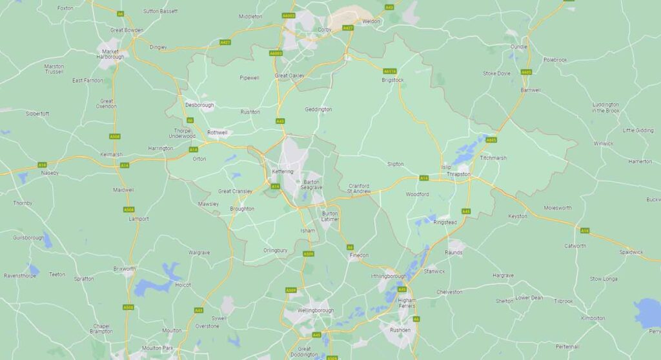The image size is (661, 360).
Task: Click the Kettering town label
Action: tap(283, 171)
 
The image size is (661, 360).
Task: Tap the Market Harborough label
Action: tap(110, 54)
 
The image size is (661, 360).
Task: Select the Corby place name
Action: tap(325, 30)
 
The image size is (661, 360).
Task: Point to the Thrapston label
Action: tap(458, 174)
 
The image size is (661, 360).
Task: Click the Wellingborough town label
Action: tap(315, 310)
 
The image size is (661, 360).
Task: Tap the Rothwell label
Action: tap(218, 132)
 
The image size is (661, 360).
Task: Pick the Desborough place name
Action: tap(199, 105)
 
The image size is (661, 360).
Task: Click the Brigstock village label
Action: tap(392, 80)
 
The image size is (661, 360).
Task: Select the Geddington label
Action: tap(318, 109)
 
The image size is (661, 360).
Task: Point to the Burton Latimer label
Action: tap(330, 216)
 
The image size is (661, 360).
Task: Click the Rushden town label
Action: tap(400, 330)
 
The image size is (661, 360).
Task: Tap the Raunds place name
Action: tap(454, 252)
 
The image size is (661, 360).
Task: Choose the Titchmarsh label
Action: tap(494, 158)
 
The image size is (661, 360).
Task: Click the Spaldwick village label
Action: tap(631, 252)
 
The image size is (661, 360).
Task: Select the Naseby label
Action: tap(50, 173)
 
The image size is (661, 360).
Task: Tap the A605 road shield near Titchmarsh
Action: tap(491, 140)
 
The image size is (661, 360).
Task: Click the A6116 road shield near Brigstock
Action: tap(390, 71)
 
